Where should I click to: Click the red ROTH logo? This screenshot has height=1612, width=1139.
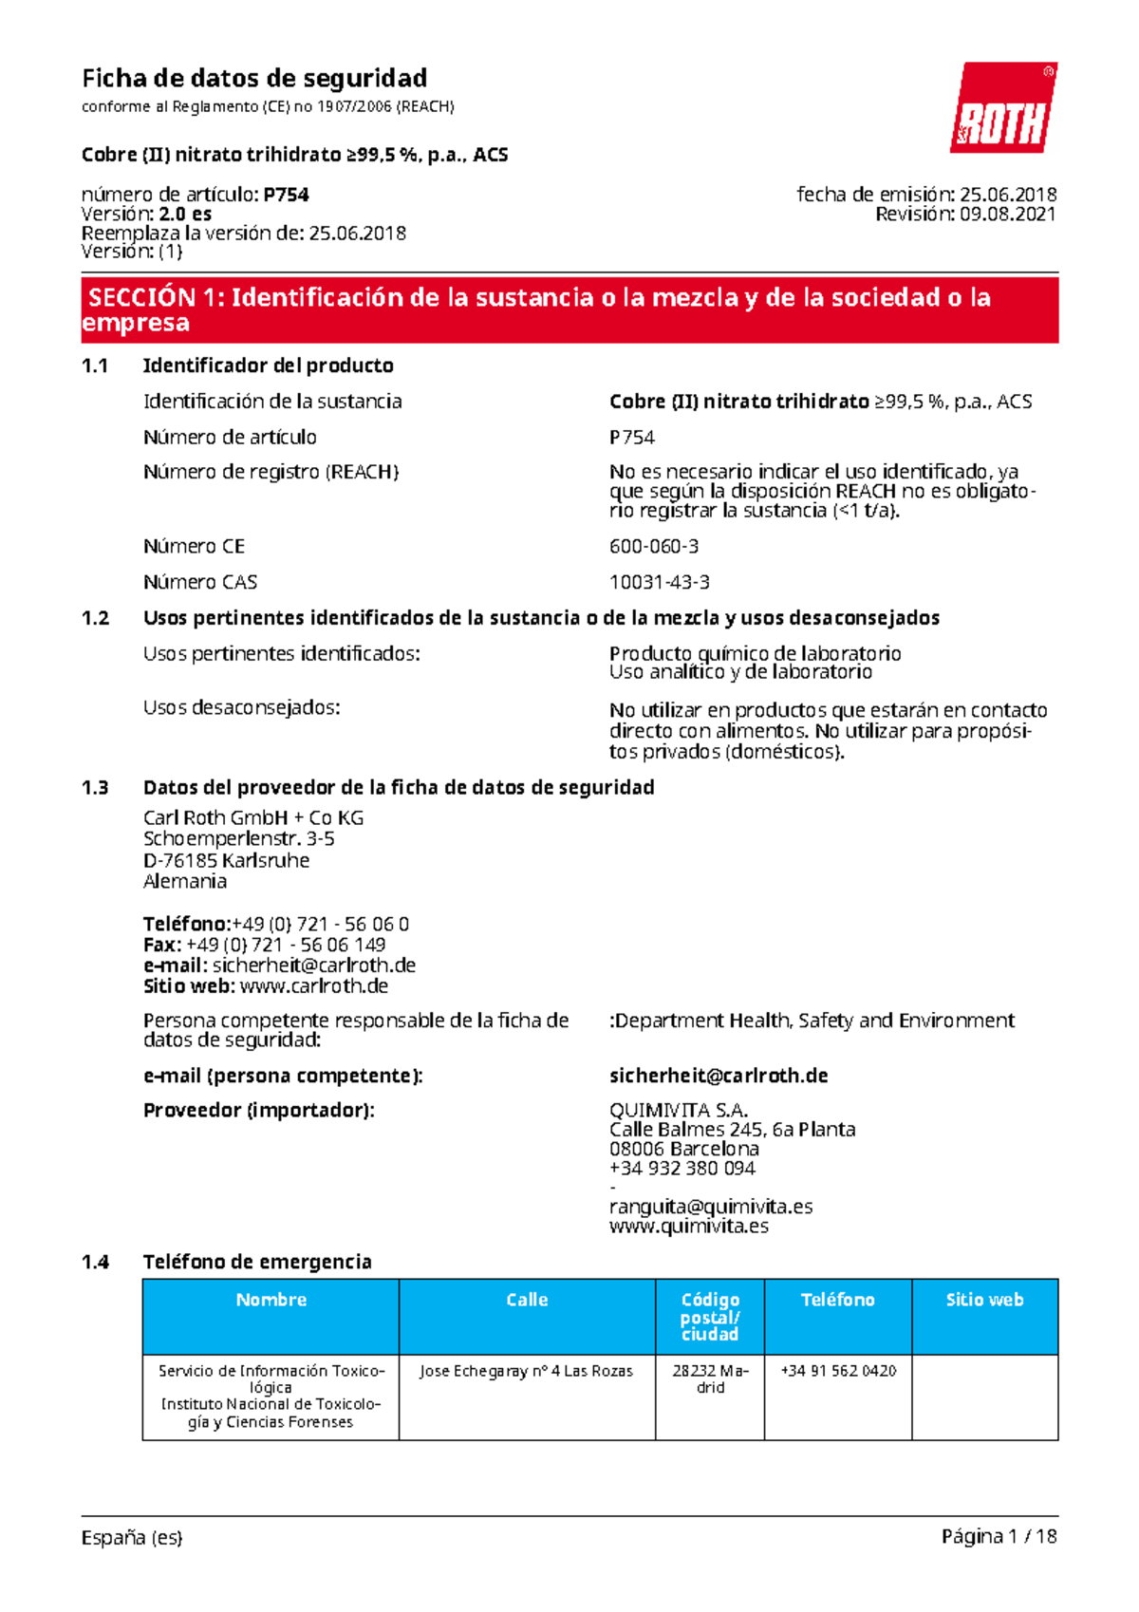tap(1003, 108)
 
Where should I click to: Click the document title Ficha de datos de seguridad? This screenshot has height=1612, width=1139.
tap(253, 78)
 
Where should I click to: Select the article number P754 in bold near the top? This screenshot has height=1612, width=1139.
tap(286, 195)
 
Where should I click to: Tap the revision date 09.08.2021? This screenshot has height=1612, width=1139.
tap(1007, 215)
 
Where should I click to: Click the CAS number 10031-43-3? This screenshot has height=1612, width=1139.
tap(659, 582)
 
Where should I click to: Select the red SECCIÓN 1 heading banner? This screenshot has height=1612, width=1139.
tap(569, 309)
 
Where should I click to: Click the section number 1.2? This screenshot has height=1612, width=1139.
tap(95, 618)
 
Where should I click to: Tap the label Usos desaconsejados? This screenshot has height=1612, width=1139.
tap(241, 707)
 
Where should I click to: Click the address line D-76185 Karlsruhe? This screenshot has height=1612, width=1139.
tap(226, 860)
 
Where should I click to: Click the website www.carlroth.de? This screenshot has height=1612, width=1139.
tap(313, 986)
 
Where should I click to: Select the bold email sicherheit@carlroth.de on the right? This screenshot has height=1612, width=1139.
tap(718, 1076)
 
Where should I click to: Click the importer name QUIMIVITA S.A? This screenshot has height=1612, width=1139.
tap(678, 1110)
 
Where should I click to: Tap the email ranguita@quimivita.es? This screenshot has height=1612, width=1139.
tap(710, 1207)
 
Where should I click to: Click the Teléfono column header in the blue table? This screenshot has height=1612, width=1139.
tap(837, 1301)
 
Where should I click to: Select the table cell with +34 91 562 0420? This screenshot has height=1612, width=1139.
tap(837, 1371)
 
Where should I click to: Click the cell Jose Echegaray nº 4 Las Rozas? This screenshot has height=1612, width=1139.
tap(526, 1371)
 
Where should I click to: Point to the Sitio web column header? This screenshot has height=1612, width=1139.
tap(984, 1301)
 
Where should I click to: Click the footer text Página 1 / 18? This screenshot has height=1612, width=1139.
tap(999, 1537)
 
